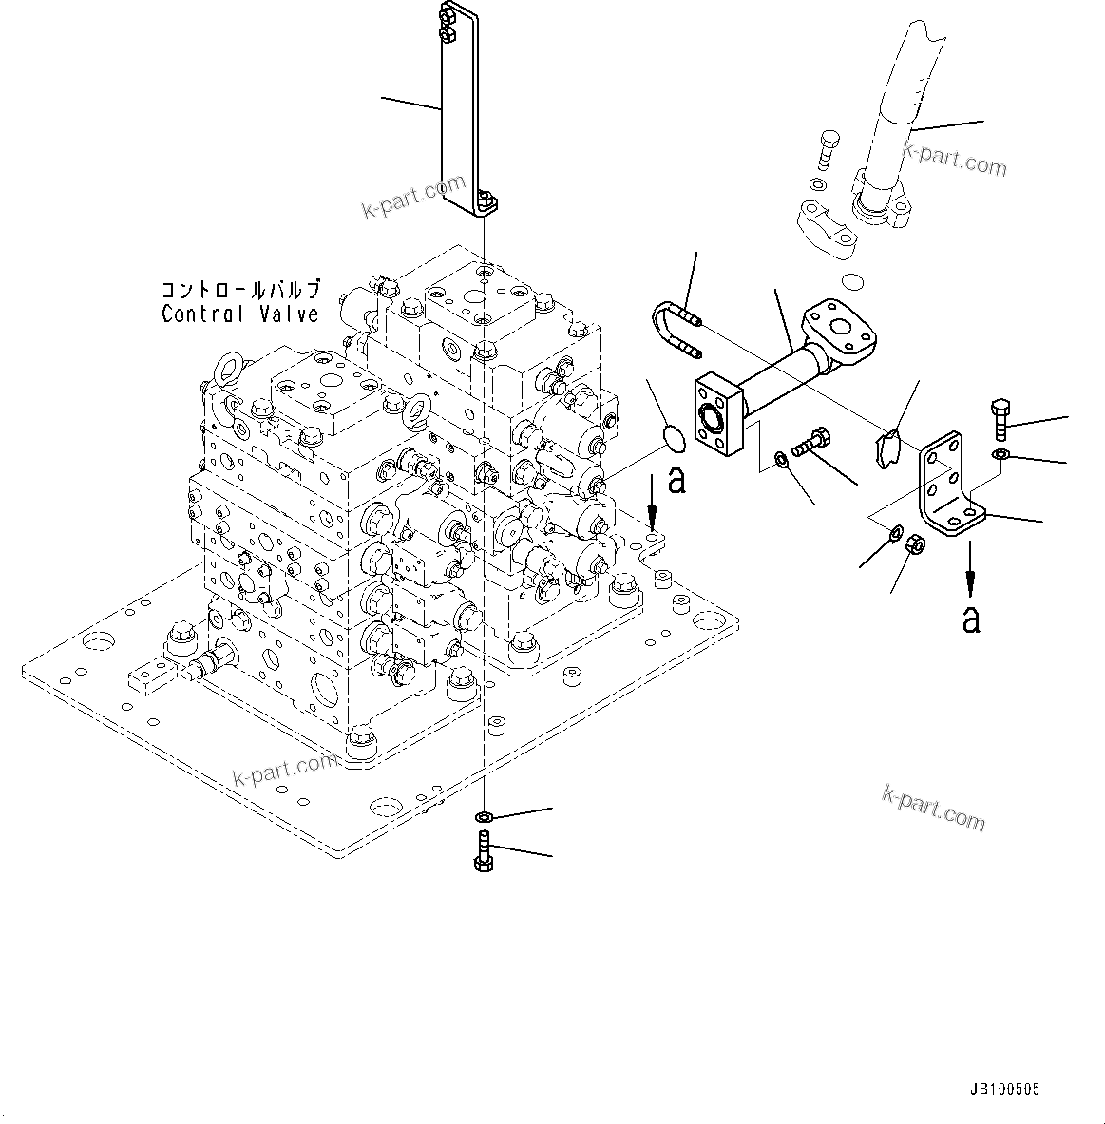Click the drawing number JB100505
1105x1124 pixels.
[1005, 1090]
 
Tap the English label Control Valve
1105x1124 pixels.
[240, 314]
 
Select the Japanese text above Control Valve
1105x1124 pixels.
[240, 289]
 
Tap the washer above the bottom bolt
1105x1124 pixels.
[484, 816]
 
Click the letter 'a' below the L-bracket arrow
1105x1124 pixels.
[970, 619]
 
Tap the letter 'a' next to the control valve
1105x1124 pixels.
[676, 480]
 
